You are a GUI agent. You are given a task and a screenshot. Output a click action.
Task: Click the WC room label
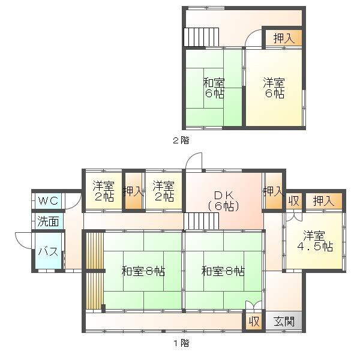[x=48, y=201]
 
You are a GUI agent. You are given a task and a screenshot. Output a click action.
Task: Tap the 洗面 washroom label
[x=48, y=221]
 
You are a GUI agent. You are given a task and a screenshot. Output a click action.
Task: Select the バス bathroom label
[x=48, y=251]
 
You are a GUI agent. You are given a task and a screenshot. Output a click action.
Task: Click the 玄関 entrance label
[x=284, y=322]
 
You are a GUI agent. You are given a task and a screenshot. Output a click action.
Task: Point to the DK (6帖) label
[x=224, y=201]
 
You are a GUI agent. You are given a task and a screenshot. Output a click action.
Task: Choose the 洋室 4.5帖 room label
[x=315, y=241]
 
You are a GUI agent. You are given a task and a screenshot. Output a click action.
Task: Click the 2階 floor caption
[x=181, y=140]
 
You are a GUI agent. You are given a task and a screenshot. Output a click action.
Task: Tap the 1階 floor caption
[x=181, y=343]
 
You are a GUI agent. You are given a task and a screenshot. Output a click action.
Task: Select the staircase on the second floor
[x=201, y=37]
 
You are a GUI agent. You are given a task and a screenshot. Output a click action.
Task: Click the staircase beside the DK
[x=201, y=221]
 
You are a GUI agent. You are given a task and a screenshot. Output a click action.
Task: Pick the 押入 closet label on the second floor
[x=284, y=38]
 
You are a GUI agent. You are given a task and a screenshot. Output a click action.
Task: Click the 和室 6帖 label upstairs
[x=214, y=88]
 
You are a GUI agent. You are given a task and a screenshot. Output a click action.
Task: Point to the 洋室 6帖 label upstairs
[x=274, y=88]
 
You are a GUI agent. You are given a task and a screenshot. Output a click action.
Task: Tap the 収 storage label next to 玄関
[x=254, y=322]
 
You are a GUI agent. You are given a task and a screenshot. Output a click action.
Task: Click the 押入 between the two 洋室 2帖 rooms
[x=133, y=191]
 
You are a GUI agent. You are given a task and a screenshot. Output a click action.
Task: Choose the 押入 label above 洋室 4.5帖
[x=323, y=201]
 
